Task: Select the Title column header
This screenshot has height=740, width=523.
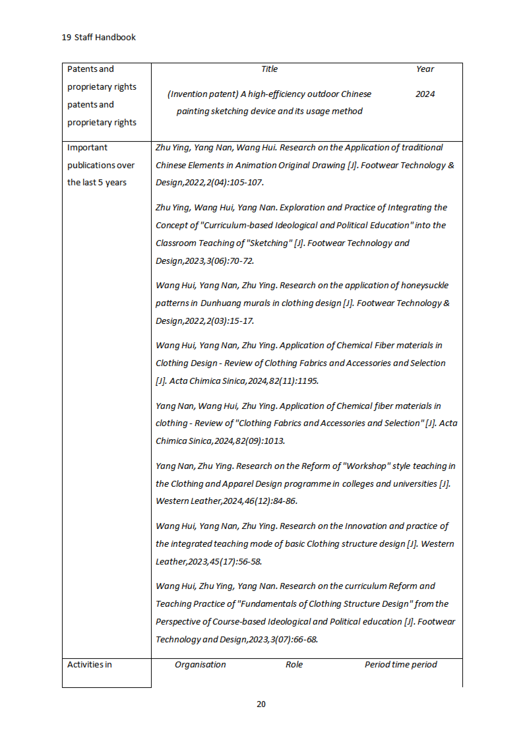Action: tap(269, 69)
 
